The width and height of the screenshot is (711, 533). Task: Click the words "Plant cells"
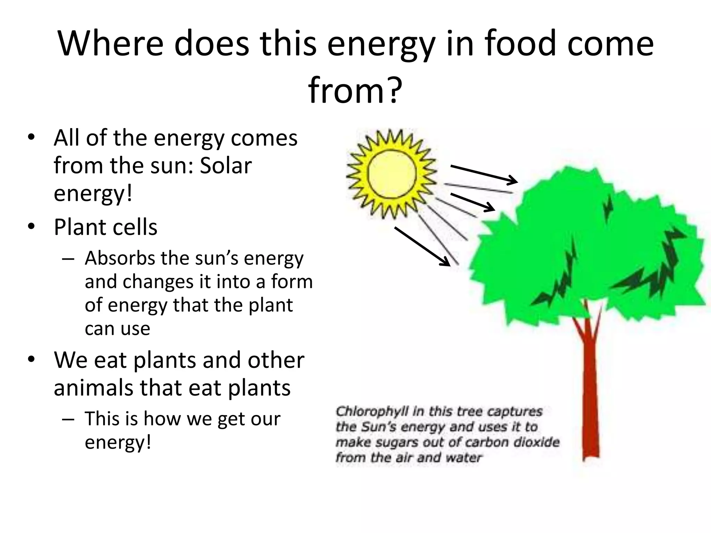click(106, 227)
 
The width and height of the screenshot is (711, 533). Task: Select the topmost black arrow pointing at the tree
click(484, 174)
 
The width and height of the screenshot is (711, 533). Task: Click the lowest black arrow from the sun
click(422, 246)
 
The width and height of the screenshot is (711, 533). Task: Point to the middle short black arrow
click(472, 202)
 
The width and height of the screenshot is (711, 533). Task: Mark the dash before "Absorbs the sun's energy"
click(68, 259)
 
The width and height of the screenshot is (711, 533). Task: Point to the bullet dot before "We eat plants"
click(31, 360)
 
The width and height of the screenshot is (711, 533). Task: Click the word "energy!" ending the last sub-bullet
click(118, 442)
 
